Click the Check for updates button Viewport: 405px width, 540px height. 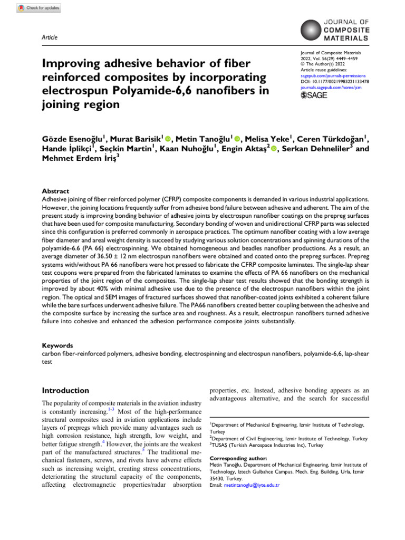pyautogui.click(x=38, y=8)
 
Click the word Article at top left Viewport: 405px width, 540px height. pyautogui.click(x=49, y=37)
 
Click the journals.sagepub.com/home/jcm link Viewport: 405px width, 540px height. pyautogui.click(x=331, y=88)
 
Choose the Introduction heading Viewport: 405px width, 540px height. pyautogui.click(x=65, y=391)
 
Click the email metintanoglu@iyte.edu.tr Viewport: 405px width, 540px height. pyautogui.click(x=252, y=485)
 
